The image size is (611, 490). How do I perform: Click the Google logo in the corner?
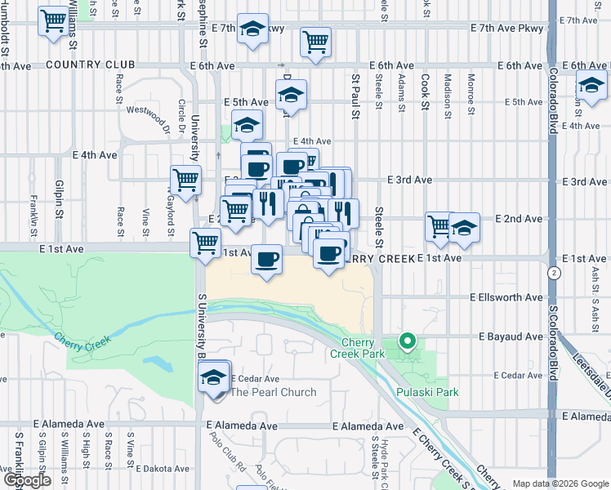coord(26,480)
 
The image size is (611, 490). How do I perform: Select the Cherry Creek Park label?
coord(363,348)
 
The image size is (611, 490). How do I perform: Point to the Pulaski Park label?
coord(427,392)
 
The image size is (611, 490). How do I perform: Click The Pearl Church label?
coord(274,392)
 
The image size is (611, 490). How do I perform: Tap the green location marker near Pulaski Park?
coord(407,341)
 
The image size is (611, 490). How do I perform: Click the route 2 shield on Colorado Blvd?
coord(555,272)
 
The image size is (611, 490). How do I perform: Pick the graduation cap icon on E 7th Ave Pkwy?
coord(253,29)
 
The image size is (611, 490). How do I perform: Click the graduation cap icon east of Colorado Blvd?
coord(591,84)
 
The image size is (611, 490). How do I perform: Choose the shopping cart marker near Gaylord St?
coord(186,179)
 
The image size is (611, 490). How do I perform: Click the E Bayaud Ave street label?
coord(511,336)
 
